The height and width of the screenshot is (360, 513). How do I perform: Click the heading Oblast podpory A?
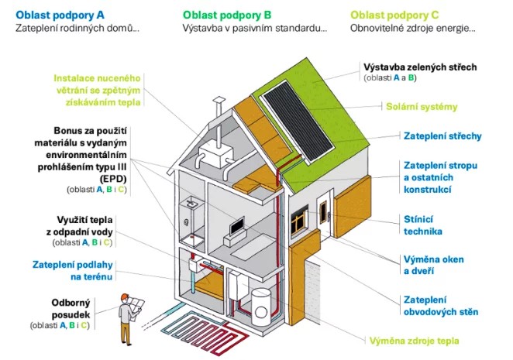[60, 14]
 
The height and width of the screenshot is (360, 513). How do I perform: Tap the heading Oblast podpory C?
[394, 14]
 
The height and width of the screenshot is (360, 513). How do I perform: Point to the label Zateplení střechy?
[442, 136]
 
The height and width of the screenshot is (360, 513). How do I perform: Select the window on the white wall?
[299, 225]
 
